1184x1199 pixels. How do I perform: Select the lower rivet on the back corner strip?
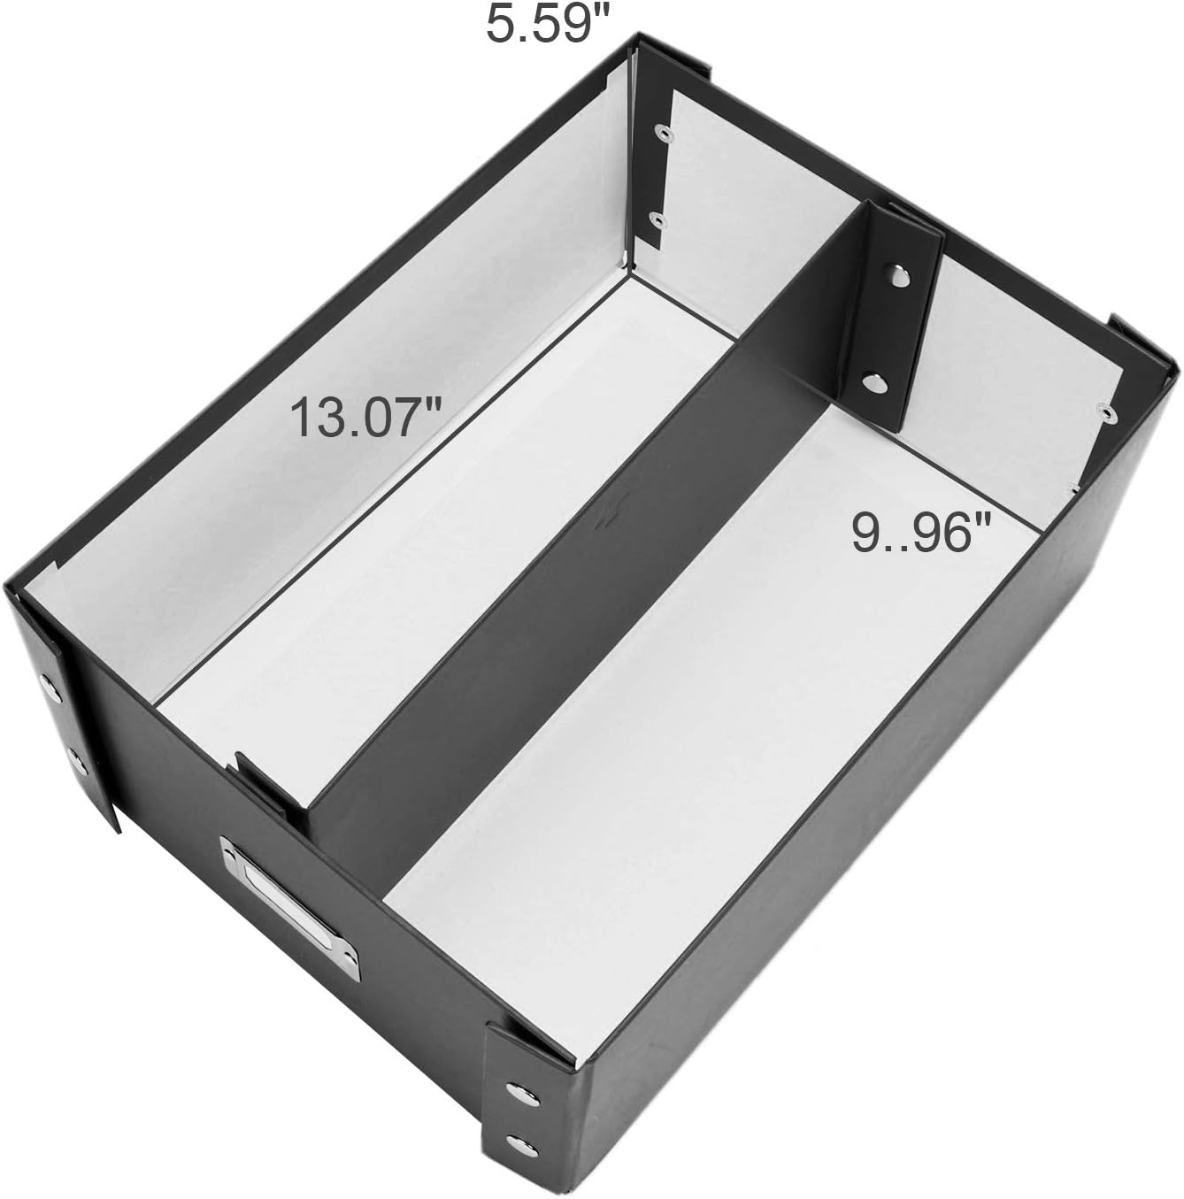coord(656,219)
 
